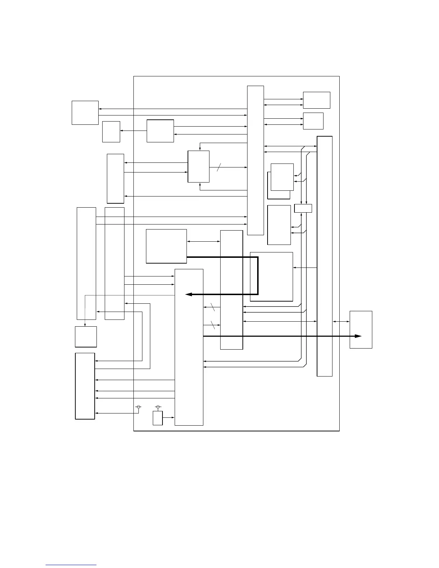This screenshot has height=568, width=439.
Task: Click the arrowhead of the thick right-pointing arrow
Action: (358, 336)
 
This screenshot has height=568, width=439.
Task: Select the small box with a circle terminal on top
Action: (158, 418)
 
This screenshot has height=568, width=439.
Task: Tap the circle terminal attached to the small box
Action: (158, 407)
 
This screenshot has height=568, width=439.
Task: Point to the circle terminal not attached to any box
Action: (138, 407)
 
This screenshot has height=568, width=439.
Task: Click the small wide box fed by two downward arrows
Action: (303, 208)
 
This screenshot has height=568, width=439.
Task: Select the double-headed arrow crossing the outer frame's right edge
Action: (341, 322)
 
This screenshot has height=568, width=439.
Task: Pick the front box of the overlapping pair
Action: (282, 177)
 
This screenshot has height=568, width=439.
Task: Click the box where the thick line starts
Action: (166, 246)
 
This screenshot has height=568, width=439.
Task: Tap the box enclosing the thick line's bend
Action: (271, 276)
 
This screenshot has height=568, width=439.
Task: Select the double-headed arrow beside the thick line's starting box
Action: (203, 241)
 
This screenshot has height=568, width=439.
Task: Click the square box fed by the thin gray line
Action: (86, 337)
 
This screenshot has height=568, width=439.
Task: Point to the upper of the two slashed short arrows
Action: (212, 307)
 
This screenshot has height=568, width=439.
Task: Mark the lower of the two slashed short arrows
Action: (212, 325)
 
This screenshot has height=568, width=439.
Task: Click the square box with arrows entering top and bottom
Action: (199, 166)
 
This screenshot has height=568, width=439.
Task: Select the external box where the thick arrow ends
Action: (361, 330)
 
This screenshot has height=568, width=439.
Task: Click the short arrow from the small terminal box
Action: (168, 417)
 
